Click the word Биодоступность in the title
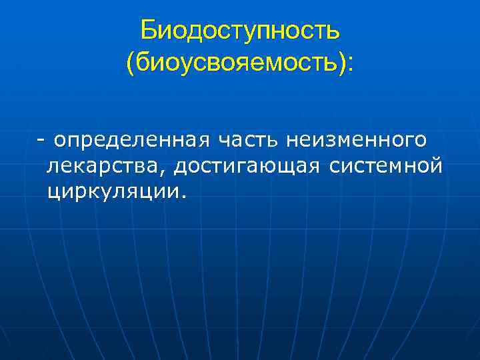pos(240,30)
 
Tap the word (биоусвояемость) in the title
pos(236,63)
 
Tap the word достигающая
pos(248,166)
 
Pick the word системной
pos(385,166)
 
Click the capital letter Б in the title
pos(149,30)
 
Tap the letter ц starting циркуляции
pos(53,193)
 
